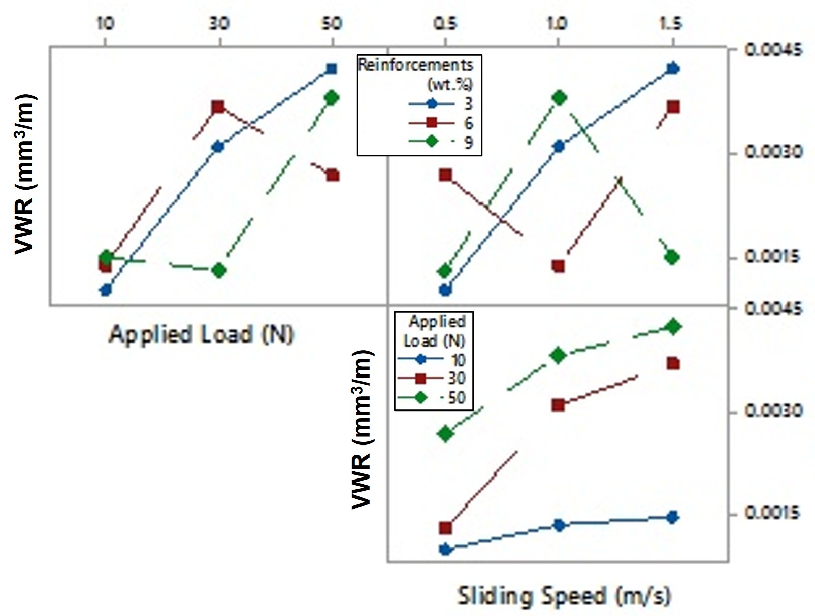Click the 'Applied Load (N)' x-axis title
pos(201,335)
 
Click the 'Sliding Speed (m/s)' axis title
pos(564,596)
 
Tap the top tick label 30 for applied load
pos(219,23)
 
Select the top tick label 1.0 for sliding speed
pos(558,23)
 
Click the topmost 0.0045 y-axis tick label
pos(774,50)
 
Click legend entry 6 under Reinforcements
pos(468,122)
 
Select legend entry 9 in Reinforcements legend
pos(468,142)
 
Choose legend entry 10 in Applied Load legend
pos(458,359)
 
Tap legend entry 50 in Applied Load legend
pos(457,397)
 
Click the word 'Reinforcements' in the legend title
pos(415,64)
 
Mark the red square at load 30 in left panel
pos(218,107)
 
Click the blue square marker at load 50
pos(332,69)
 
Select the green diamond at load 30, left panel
pos(219,270)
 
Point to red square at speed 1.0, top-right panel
pos(558,266)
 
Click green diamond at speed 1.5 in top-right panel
pos(672,257)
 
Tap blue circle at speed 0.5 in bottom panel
pos(445,549)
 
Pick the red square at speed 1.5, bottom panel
pos(673,363)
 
